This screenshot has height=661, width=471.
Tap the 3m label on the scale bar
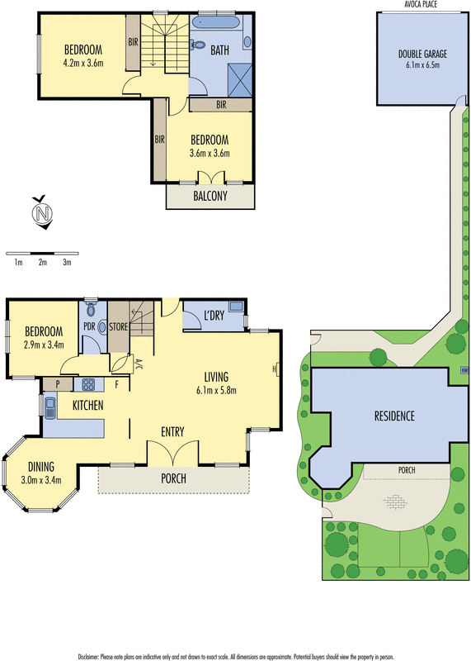click(x=68, y=262)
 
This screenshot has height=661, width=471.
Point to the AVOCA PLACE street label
click(x=421, y=4)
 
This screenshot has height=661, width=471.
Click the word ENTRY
click(x=172, y=431)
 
